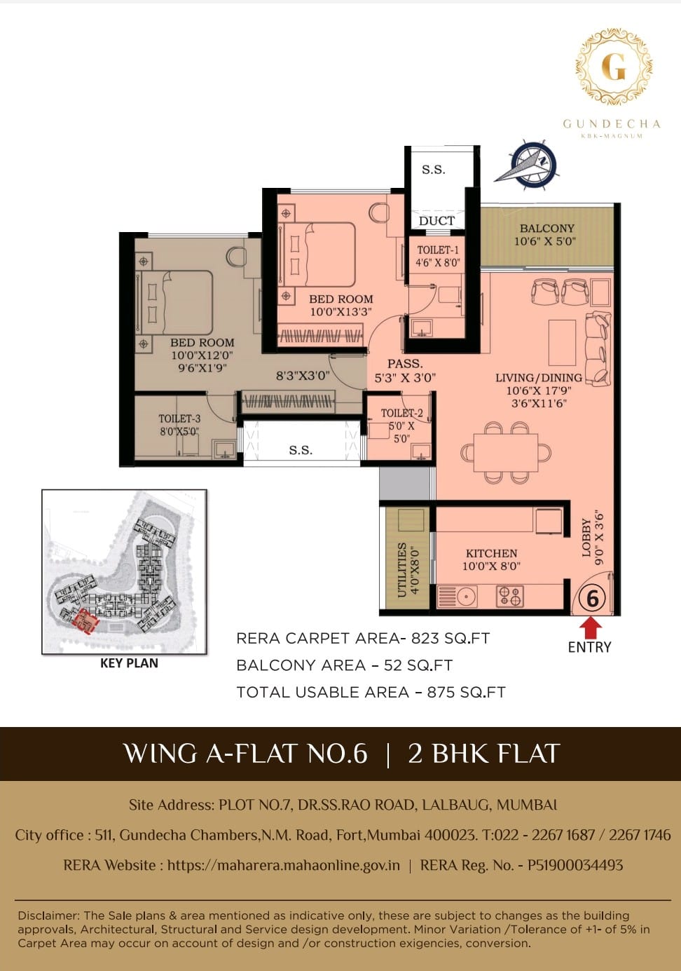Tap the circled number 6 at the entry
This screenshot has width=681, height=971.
click(x=592, y=599)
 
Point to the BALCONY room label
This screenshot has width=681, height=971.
click(x=546, y=228)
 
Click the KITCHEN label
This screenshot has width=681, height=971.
click(x=492, y=553)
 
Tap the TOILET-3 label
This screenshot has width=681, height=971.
click(x=179, y=419)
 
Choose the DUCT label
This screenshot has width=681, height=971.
click(x=436, y=221)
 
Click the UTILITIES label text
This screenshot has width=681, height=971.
click(x=401, y=570)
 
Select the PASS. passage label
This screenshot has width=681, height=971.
click(x=405, y=363)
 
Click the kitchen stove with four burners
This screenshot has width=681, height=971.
click(x=510, y=596)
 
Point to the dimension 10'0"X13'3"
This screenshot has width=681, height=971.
click(x=341, y=312)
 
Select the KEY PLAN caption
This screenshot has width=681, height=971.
click(x=129, y=663)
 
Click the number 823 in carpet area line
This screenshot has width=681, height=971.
click(x=426, y=638)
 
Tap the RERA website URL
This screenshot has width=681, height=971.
click(x=284, y=865)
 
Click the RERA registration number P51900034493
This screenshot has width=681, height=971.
click(x=575, y=865)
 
